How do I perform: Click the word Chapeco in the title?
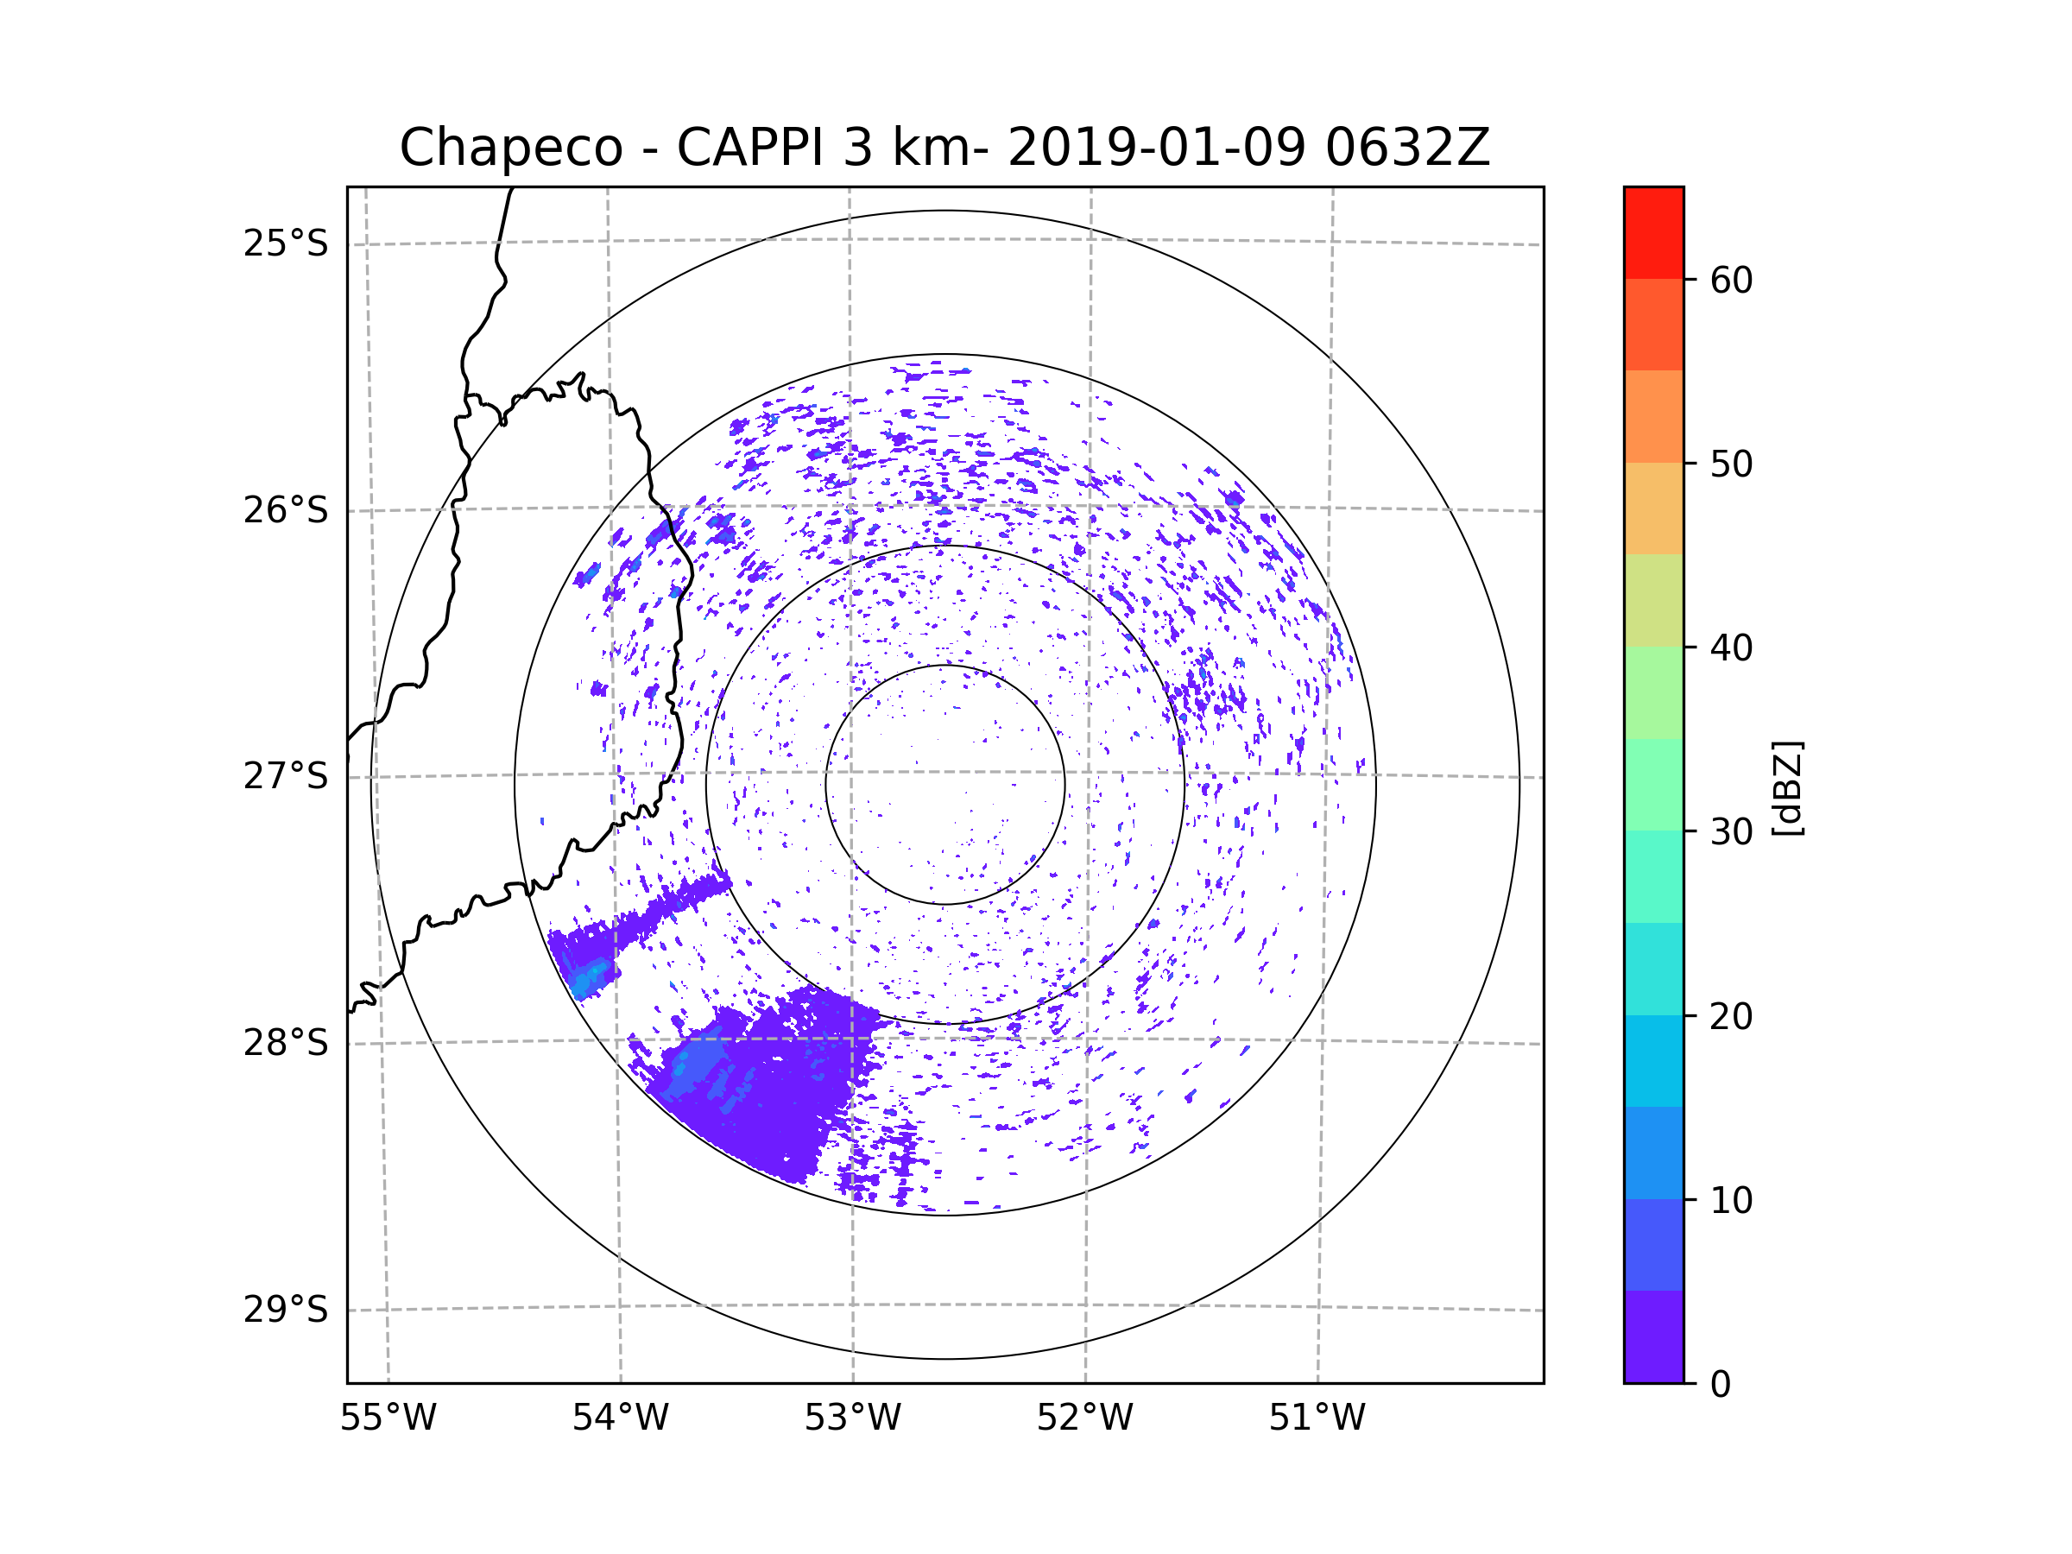(510, 148)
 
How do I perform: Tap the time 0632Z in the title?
(1407, 148)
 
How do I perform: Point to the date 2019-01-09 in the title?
(1156, 148)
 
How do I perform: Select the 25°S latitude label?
(286, 243)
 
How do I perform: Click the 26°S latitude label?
(286, 510)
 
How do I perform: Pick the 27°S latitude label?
(286, 776)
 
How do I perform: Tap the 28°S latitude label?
(286, 1043)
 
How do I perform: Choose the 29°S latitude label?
(286, 1310)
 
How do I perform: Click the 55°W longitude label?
(388, 1418)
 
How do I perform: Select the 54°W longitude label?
(620, 1418)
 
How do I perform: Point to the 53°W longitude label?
(852, 1418)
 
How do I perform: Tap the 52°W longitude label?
(1084, 1418)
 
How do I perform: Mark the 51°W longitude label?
(1317, 1418)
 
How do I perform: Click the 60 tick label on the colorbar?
(1731, 280)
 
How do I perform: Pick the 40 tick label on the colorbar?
(1731, 648)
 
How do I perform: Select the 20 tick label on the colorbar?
(1731, 1016)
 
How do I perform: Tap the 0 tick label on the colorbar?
(1721, 1385)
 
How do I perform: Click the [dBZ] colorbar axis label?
(1787, 787)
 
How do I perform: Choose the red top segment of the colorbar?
(1653, 232)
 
